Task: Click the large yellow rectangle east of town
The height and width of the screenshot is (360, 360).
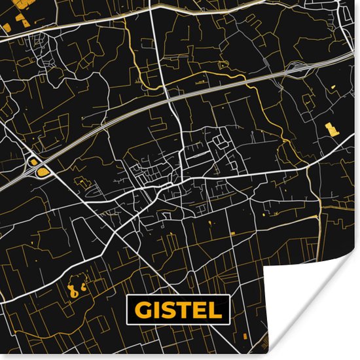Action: pyautogui.click(x=333, y=128)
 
